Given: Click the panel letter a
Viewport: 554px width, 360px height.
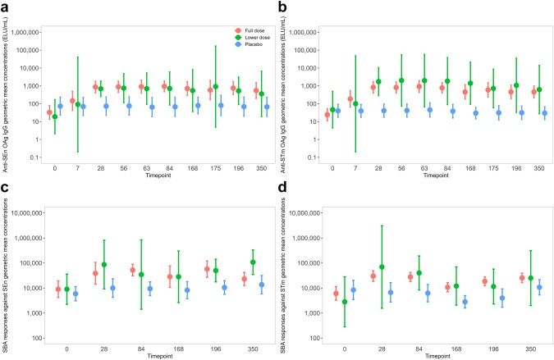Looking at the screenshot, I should coord(7,7).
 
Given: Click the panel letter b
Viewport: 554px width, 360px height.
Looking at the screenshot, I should coord(284,7).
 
